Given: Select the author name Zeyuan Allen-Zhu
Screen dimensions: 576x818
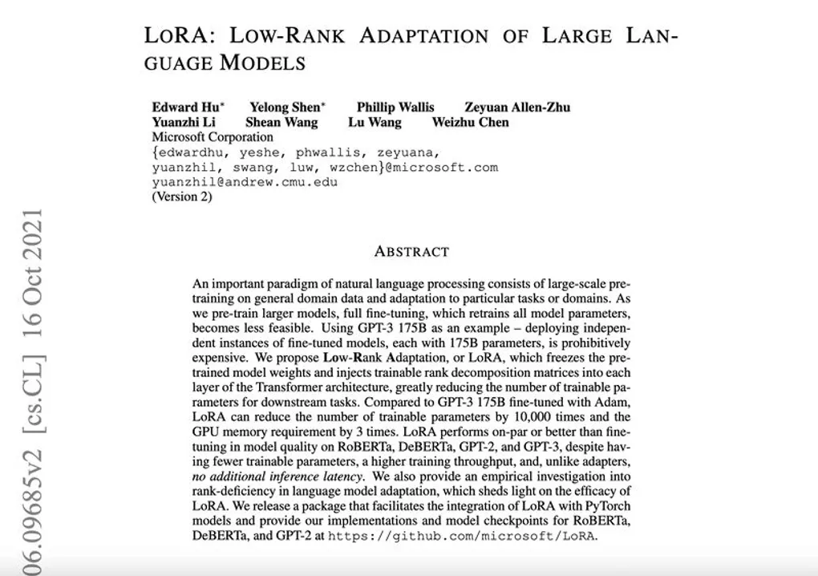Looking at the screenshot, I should tap(517, 107).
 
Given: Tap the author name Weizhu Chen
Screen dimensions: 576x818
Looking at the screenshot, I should tap(470, 122).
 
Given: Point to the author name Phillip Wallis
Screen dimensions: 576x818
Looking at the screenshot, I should tap(395, 107).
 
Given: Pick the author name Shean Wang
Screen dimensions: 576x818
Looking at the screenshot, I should tap(281, 122).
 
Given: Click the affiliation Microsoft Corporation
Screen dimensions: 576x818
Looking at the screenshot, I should tap(212, 137).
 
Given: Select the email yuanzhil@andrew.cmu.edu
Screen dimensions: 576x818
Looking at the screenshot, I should tap(245, 182).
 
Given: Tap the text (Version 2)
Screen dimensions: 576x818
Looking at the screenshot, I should tap(182, 197).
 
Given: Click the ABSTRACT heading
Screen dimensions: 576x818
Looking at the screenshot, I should tap(411, 251).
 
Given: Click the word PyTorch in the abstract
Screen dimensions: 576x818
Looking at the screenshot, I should tap(608, 506).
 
